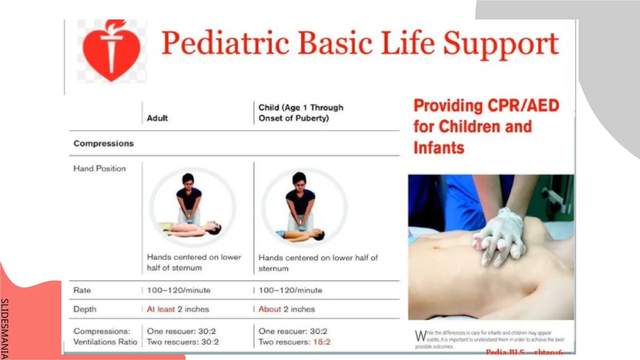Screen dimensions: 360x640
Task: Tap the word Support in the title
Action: [x=501, y=44]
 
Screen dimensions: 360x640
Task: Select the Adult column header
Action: [x=157, y=118]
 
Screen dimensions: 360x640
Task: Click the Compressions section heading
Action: [x=103, y=143]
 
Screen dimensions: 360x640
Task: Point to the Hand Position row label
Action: [x=99, y=168]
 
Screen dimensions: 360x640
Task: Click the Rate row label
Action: [x=82, y=290]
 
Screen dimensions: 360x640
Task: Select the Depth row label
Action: [x=85, y=309]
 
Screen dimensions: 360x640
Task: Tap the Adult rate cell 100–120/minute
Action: [x=178, y=290]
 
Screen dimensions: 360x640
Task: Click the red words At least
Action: [x=161, y=309]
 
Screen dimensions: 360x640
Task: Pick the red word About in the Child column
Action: [x=270, y=309]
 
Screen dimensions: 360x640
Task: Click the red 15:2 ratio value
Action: [x=322, y=342]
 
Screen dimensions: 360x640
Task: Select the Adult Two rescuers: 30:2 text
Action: [x=183, y=342]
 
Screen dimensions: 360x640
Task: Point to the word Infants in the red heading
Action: [x=439, y=148]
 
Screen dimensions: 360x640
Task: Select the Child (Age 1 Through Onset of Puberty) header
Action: [x=301, y=113]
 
